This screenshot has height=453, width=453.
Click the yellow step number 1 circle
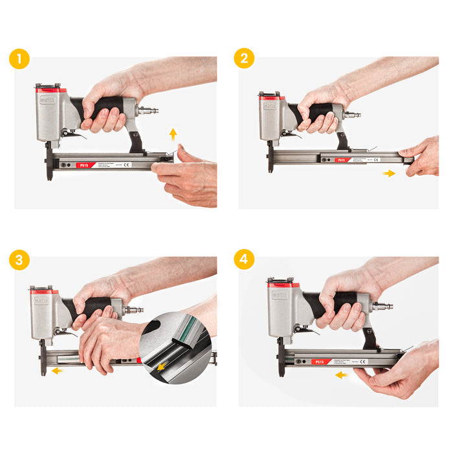(19, 60)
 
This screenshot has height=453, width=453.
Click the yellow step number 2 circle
(244, 59)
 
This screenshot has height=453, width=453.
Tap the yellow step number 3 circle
(19, 261)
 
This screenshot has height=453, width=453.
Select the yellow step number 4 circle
(244, 261)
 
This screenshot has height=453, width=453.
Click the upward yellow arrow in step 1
(173, 135)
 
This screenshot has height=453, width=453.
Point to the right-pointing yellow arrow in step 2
(389, 173)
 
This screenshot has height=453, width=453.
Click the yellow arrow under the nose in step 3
(58, 371)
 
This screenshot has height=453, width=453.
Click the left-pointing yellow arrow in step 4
(341, 375)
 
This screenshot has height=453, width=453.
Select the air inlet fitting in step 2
(353, 115)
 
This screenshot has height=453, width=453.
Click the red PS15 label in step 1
(84, 165)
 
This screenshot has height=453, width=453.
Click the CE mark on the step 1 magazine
(127, 165)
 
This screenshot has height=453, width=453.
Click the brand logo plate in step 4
(280, 294)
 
